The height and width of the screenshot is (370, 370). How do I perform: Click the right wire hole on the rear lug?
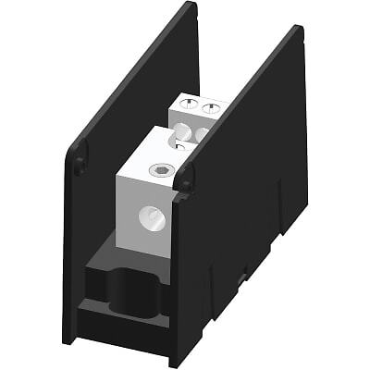(x=201, y=135)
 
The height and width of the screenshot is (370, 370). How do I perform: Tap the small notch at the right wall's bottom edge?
(x=242, y=277)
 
